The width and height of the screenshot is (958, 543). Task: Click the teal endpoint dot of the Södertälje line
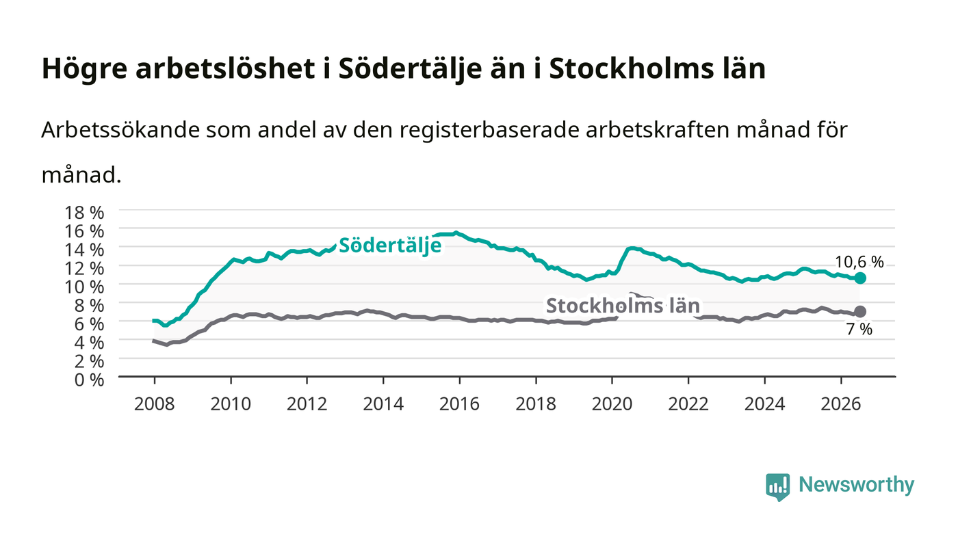pos(859,278)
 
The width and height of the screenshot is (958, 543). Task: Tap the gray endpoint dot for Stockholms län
pos(859,312)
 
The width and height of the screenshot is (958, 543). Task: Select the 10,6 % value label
pos(859,262)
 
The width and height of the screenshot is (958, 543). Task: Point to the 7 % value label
pos(859,329)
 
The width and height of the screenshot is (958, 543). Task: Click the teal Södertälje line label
pos(390,246)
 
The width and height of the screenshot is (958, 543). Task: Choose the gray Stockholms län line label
pos(623,306)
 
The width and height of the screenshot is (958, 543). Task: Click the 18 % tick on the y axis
pos(84,213)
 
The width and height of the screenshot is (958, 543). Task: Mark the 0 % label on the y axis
pos(90,380)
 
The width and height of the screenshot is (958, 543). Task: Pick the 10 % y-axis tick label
pos(84,287)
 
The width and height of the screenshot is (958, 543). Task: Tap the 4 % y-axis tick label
pos(90,343)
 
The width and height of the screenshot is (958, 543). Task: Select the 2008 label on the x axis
pos(155,403)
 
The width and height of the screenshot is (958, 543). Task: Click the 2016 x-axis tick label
pos(459,403)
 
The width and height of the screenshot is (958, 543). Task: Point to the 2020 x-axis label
pos(612,403)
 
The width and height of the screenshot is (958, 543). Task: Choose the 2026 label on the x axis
pos(841,403)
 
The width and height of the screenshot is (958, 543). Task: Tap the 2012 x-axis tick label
pos(307,403)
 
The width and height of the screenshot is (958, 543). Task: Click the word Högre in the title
pos(85,69)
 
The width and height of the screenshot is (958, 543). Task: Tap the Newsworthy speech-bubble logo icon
pos(777,487)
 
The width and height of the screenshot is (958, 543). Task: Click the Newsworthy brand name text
pos(856,485)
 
